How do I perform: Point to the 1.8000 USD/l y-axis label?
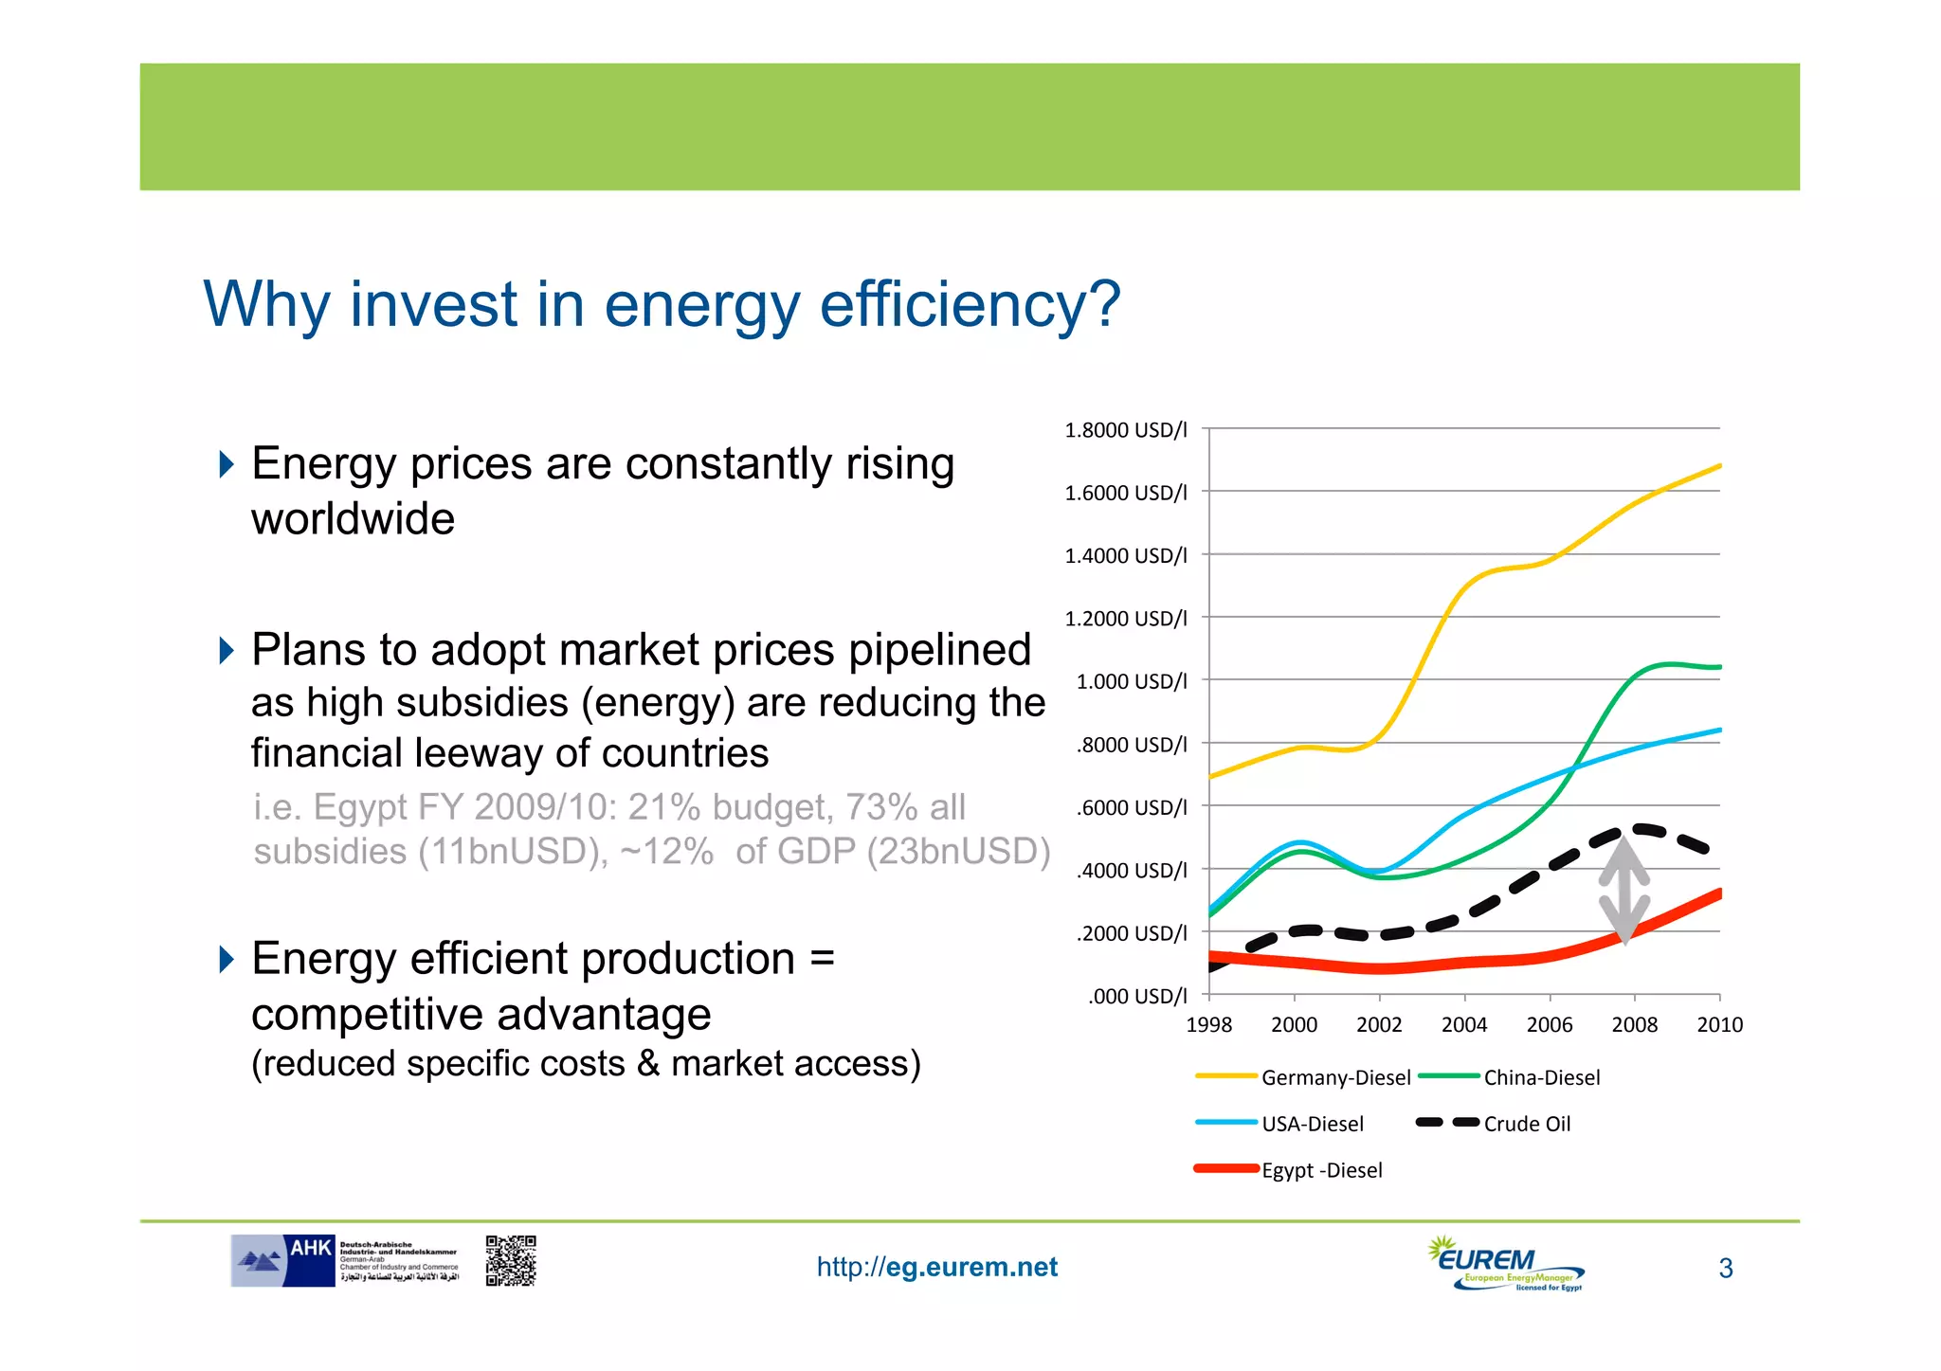1125,430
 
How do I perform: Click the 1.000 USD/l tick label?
1131,681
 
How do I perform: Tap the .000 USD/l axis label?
1136,996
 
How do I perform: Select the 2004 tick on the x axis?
1464,1024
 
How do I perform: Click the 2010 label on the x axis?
1719,1024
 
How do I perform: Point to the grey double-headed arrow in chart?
1624,891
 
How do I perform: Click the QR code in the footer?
511,1260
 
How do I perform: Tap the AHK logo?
284,1260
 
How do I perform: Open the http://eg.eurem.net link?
936,1267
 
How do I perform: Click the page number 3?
1725,1268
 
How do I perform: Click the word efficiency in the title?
969,305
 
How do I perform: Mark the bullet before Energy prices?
226,464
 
